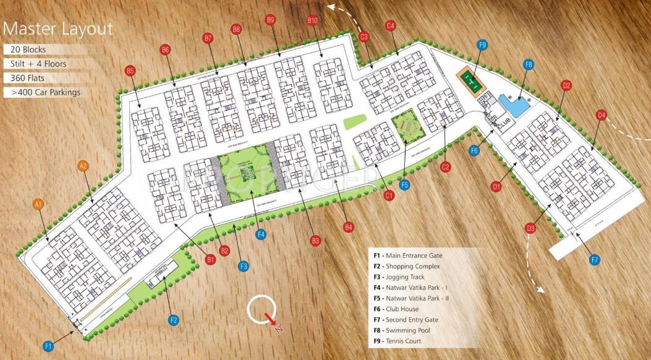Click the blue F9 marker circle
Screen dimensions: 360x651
tap(483, 45)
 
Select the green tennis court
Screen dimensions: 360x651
tap(471, 81)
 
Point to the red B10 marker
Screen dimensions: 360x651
tap(312, 20)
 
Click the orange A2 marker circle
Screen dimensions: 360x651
tap(83, 165)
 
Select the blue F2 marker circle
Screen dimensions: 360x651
tap(174, 320)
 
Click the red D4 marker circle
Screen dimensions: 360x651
tap(601, 114)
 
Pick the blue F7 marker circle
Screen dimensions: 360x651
tap(595, 260)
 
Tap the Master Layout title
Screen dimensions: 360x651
tap(58, 28)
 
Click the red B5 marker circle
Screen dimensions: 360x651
tap(130, 71)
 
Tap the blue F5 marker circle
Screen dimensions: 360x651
tap(405, 184)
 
